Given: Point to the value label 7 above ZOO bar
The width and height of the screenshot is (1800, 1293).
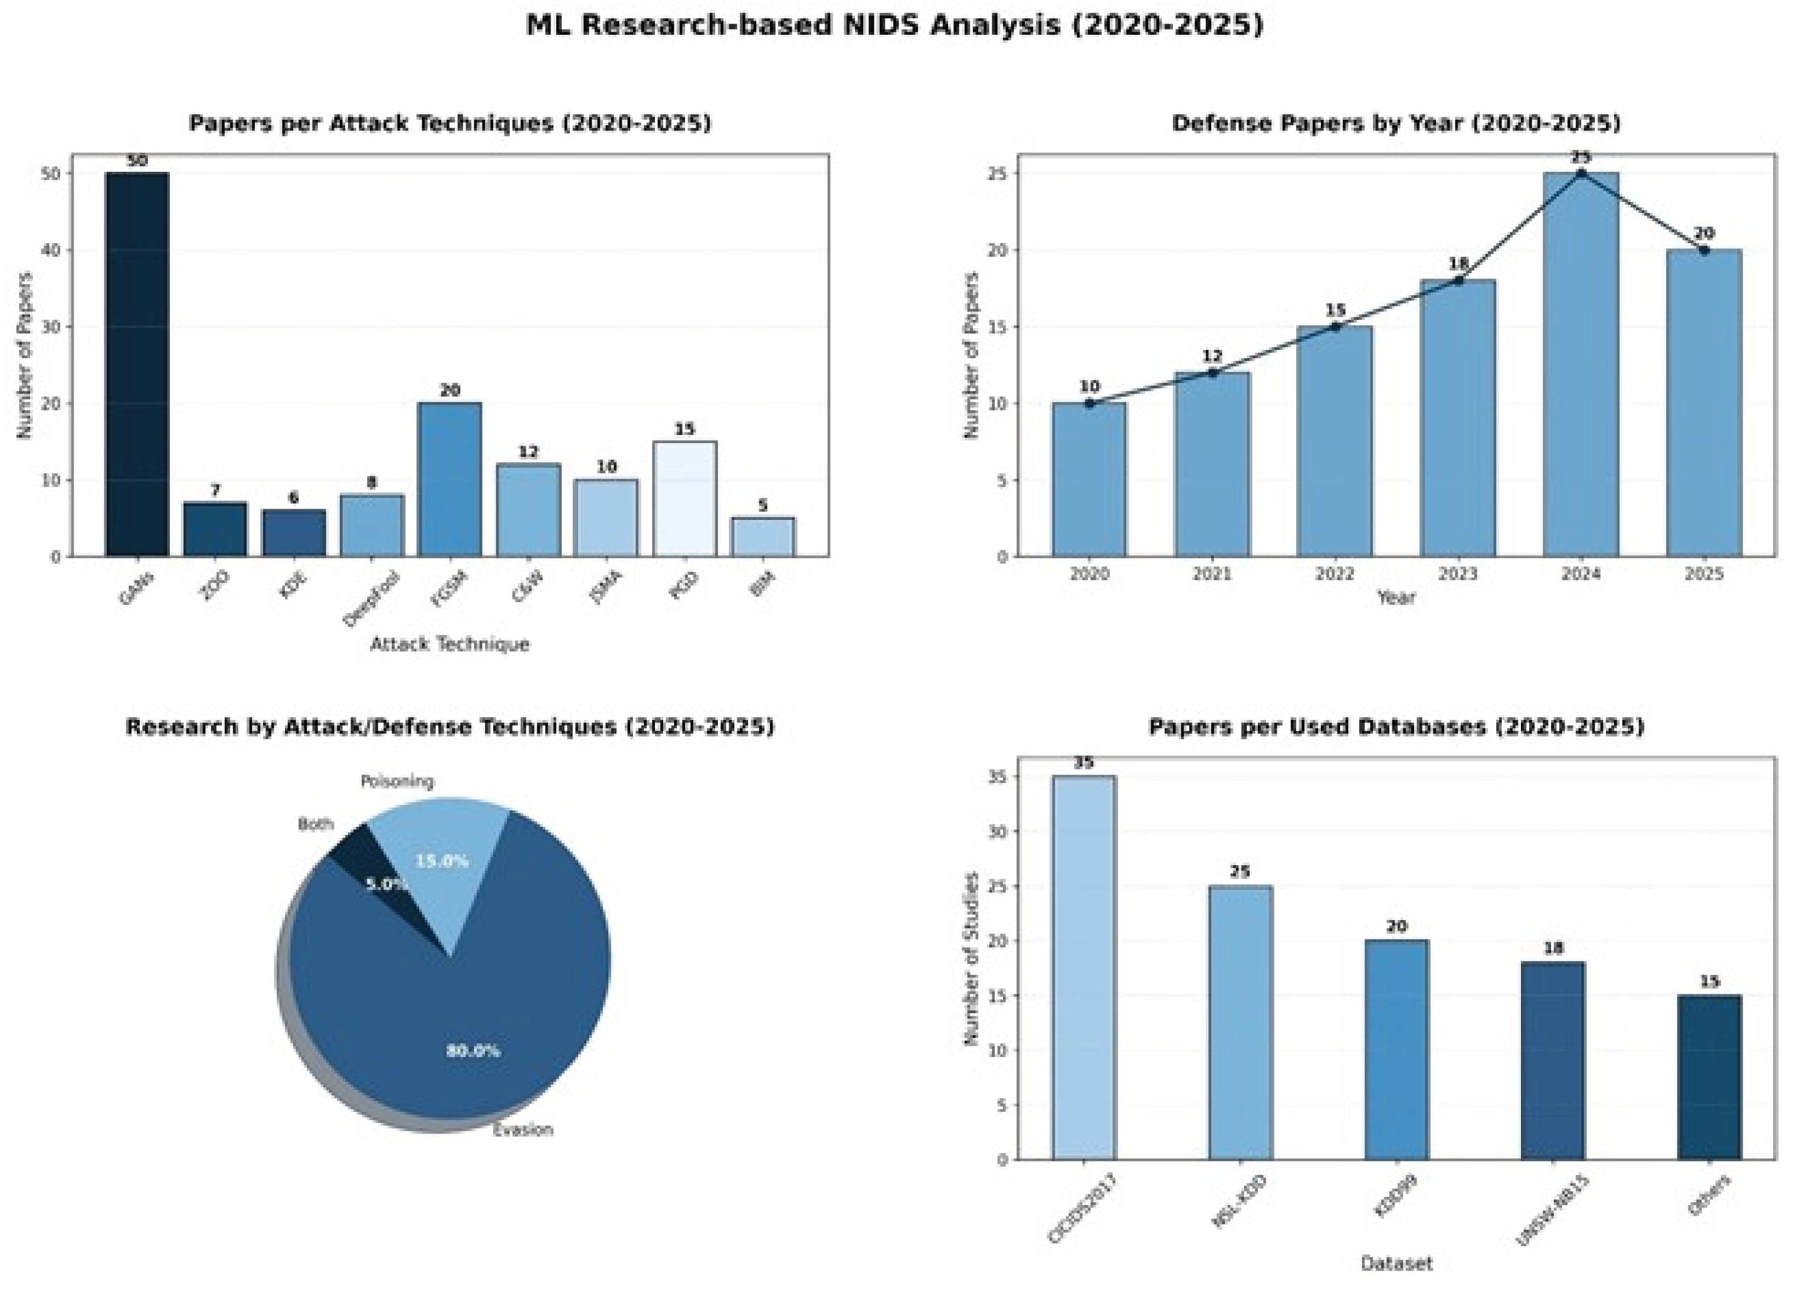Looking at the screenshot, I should tap(215, 490).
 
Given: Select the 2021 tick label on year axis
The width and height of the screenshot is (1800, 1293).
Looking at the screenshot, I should tap(1212, 574).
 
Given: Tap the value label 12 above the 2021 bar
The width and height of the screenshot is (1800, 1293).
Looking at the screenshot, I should tap(1212, 356).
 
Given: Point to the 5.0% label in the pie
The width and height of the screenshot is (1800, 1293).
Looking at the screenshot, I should tap(386, 884).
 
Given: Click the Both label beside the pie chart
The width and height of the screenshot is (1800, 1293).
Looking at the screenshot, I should tap(315, 824).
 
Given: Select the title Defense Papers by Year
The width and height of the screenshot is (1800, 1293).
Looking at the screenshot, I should tap(1395, 123).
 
